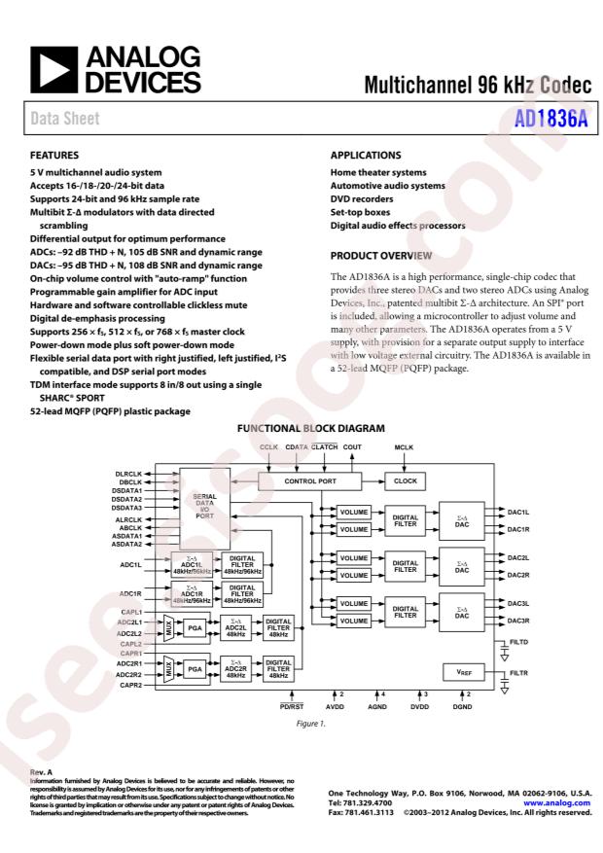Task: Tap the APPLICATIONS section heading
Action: tap(366, 155)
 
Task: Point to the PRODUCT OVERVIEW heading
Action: tap(380, 255)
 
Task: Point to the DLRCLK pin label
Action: tap(128, 474)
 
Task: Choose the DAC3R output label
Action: tap(518, 621)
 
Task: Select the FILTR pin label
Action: tap(519, 673)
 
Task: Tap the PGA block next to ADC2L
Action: tap(195, 627)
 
